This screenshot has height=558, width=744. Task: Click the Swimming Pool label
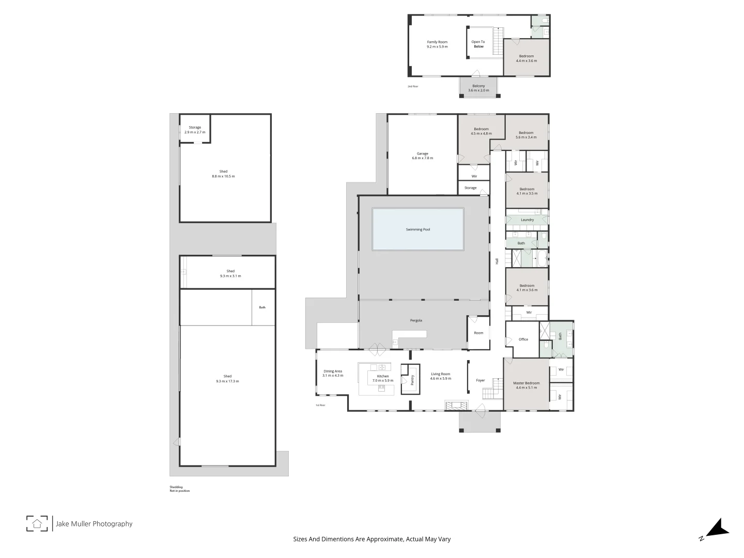pos(417,229)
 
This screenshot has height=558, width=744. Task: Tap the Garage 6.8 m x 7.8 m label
pos(422,156)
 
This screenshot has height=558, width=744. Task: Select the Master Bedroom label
pos(526,385)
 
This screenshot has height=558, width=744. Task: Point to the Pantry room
pos(412,380)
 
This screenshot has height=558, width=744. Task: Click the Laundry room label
pos(527,220)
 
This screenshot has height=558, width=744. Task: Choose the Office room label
pos(523,339)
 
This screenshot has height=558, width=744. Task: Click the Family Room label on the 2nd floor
pos(437,44)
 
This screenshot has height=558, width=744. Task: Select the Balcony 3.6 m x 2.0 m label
pos(478,88)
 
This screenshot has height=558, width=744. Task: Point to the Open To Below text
pos(478,44)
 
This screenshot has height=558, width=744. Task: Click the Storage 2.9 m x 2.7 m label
pos(195,130)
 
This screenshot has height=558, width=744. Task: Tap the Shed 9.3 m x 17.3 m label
pos(227,379)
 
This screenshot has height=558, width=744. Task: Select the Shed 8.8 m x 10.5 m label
pos(223,174)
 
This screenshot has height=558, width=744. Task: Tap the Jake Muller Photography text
pos(94,524)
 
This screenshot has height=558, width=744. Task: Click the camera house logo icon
pos(37,523)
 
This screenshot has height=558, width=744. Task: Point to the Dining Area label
pos(333,373)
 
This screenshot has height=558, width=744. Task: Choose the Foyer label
pos(481,380)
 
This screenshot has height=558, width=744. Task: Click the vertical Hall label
pos(497,261)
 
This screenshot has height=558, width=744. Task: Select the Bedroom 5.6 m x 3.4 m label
pos(526,135)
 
